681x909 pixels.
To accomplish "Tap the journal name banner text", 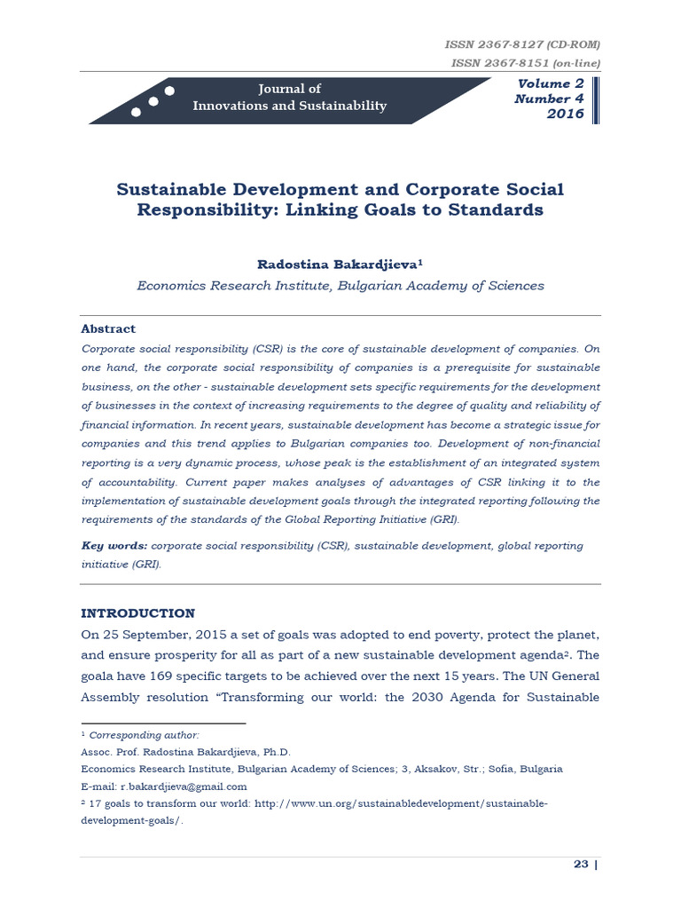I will click(x=289, y=98).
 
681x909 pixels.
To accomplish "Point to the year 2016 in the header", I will click(x=565, y=115).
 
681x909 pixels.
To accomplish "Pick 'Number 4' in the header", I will click(x=549, y=99).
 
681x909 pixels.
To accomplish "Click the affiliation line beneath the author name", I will click(x=340, y=286).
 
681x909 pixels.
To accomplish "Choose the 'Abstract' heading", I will click(x=108, y=328).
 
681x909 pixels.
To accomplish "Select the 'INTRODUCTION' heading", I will click(x=137, y=613).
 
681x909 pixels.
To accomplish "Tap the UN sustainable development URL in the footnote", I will click(x=400, y=803).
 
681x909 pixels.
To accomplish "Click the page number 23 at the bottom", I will click(x=581, y=865).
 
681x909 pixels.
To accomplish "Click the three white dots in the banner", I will click(x=152, y=101).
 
